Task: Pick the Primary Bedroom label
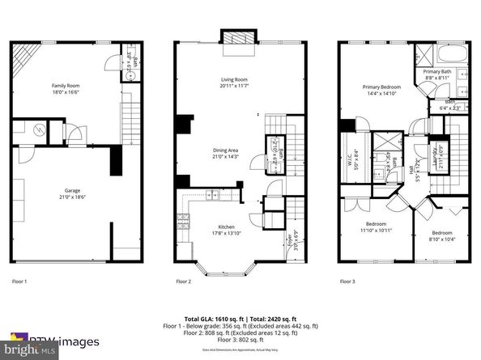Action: click(381, 86)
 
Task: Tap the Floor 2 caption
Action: click(184, 282)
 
